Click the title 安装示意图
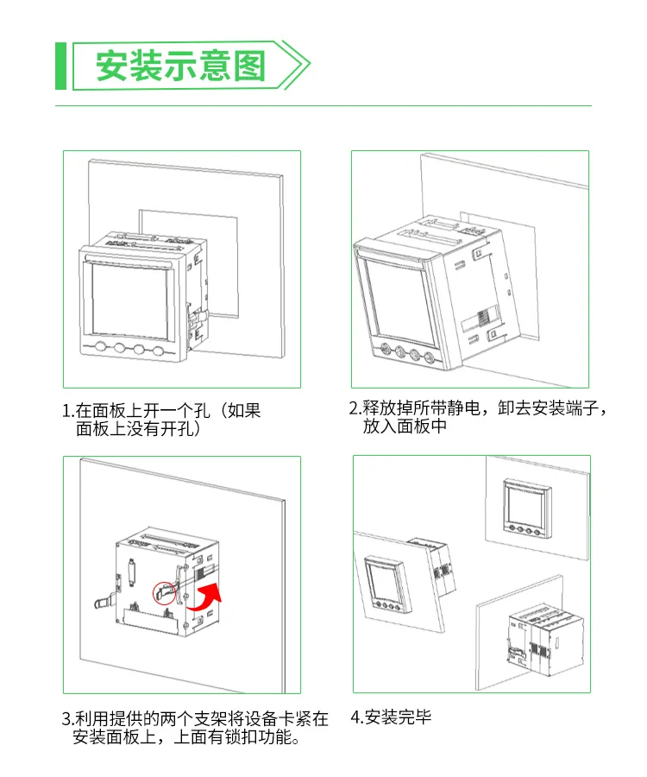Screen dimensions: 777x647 [180, 66]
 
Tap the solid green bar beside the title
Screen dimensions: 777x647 [60, 66]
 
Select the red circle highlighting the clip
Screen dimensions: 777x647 [163, 593]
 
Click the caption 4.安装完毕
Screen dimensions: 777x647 [391, 717]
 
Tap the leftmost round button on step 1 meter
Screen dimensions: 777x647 [100, 349]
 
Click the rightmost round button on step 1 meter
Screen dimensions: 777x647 [158, 351]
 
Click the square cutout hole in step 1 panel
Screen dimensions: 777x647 [216, 259]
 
